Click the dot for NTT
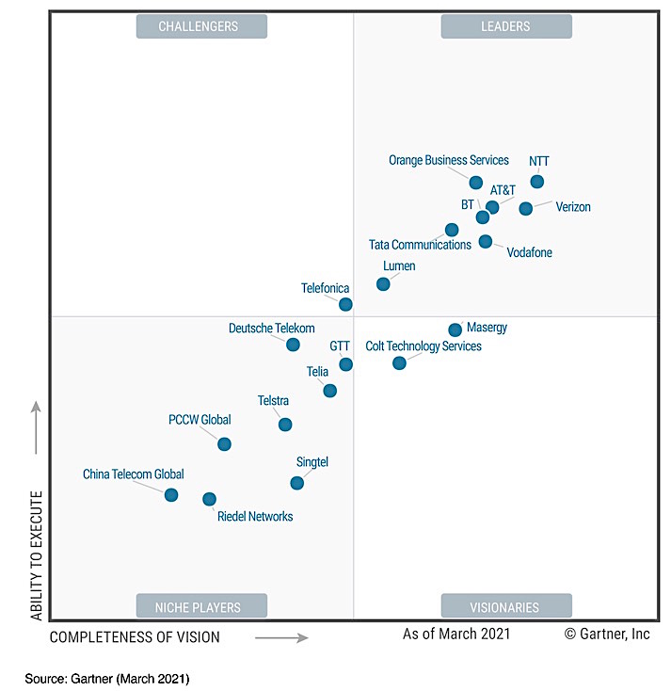click(537, 182)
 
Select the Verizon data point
click(526, 208)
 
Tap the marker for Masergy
click(455, 329)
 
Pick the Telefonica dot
click(345, 304)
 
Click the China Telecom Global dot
click(171, 494)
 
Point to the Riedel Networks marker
click(209, 499)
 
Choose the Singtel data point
click(297, 483)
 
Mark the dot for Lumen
click(383, 283)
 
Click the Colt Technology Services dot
click(399, 362)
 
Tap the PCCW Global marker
click(224, 443)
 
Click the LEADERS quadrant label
click(506, 26)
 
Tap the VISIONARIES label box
click(506, 607)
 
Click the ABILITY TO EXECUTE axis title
click(37, 554)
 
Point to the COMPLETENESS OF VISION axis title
click(135, 637)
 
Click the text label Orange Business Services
click(449, 160)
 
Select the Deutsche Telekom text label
click(271, 329)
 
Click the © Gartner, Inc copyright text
click(607, 635)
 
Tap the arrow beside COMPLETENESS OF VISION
click(281, 637)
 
